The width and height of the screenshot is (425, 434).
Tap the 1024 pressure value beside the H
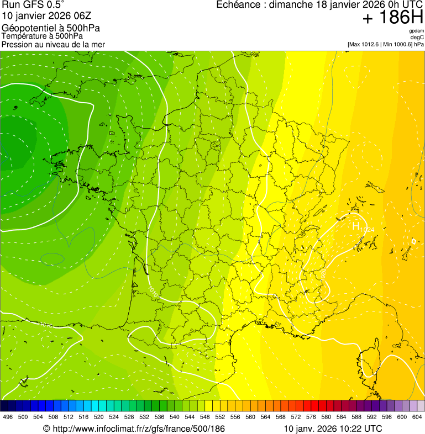click(368, 229)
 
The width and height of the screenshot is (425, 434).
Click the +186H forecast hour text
click(393, 18)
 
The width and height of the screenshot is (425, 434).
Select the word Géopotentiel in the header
click(27, 28)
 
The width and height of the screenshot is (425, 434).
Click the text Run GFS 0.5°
click(33, 5)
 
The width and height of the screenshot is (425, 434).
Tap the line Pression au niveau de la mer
click(53, 44)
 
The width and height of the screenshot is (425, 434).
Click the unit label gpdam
click(416, 31)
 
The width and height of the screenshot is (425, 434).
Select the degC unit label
click(417, 38)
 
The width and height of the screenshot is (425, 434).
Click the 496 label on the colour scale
click(8, 417)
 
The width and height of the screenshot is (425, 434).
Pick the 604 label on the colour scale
click(417, 417)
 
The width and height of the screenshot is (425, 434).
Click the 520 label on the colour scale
click(99, 417)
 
